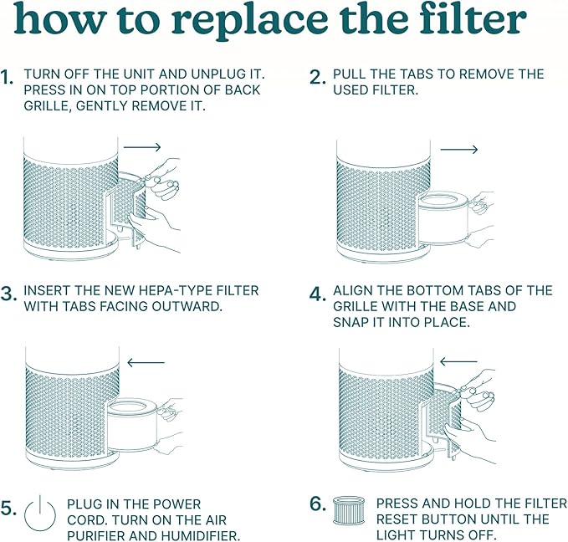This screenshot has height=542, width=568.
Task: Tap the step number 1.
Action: [8, 78]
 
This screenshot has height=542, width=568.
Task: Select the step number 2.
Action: [317, 78]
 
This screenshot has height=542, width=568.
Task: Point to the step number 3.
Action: [8, 294]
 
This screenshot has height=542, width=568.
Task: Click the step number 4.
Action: [317, 294]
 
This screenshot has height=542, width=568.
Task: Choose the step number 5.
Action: [8, 508]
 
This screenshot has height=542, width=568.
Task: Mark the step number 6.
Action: [317, 504]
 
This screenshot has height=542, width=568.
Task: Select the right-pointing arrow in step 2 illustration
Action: [458, 150]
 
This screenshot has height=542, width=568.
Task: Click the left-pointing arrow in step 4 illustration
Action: [458, 362]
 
